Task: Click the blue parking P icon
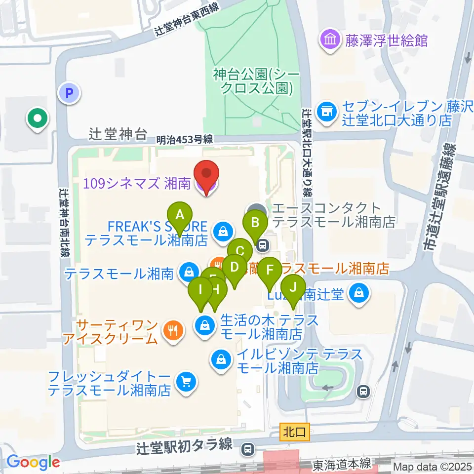point(69,92)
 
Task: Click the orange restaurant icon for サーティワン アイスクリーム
point(172,332)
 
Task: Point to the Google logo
point(33,462)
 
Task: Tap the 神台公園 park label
point(253,81)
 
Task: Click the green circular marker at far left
point(38,119)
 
